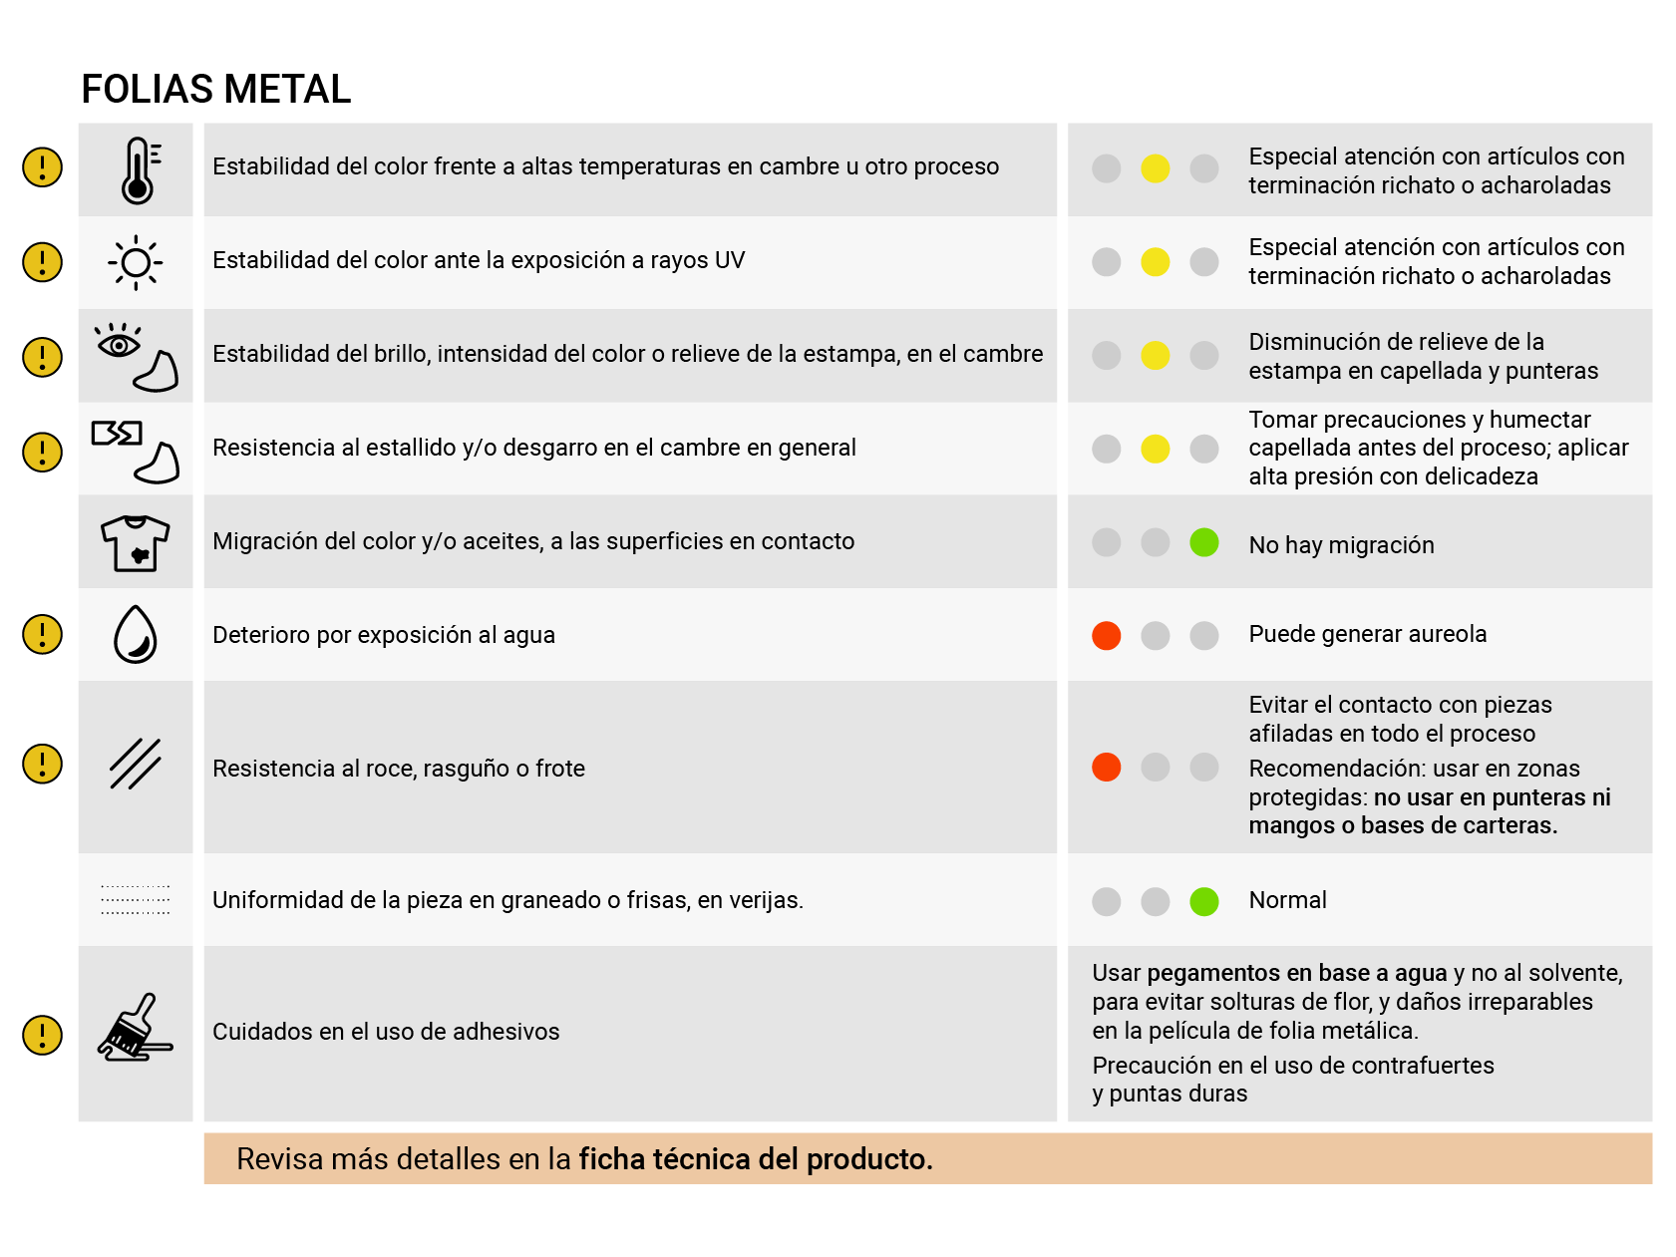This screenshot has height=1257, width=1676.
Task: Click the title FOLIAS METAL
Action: (215, 90)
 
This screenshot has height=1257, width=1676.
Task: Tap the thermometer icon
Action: (139, 170)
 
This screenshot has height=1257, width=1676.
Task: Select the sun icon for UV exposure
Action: (136, 263)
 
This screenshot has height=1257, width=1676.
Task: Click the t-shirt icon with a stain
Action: (136, 542)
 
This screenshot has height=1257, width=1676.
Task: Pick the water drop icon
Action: (136, 635)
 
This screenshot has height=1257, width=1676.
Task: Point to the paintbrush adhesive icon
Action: (136, 1028)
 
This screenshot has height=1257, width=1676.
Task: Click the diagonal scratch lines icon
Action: (136, 765)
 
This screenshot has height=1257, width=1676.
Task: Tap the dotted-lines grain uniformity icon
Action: (136, 899)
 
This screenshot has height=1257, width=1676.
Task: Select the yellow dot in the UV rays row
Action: (1155, 262)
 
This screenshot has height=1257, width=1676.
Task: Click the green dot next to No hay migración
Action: (1203, 542)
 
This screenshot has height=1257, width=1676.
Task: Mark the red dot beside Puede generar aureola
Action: (1106, 635)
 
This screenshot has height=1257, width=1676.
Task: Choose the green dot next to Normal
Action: (1203, 901)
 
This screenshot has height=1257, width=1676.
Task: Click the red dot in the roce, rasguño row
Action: (1106, 767)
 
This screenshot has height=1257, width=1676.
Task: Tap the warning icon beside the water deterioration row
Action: (42, 634)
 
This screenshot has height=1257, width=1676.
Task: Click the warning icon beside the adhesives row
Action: (42, 1035)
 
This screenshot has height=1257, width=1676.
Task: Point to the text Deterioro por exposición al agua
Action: (383, 635)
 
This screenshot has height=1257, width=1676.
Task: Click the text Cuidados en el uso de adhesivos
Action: (386, 1032)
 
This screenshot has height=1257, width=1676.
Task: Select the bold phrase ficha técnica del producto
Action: (755, 1159)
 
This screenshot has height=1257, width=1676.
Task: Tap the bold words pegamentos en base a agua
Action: (1296, 973)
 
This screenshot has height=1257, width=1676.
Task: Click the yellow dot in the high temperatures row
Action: (1155, 168)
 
